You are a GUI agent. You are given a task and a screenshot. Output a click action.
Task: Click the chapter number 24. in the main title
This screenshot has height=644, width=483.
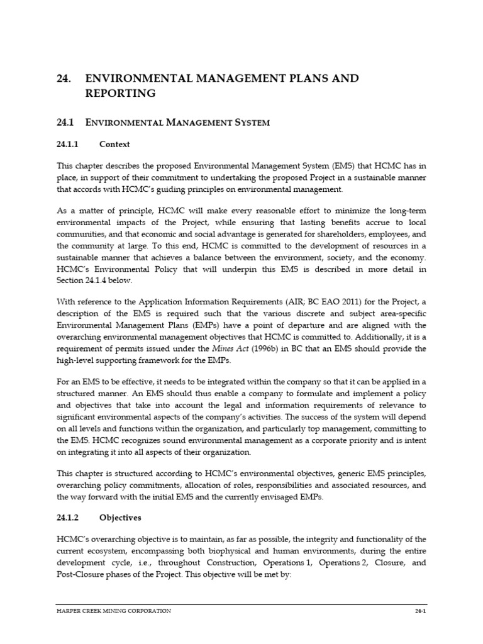[x=64, y=79]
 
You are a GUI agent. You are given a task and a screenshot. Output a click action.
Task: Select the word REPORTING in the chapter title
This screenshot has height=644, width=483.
[x=120, y=94]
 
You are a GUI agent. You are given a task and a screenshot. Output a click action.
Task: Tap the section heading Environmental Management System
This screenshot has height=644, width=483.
[x=177, y=123]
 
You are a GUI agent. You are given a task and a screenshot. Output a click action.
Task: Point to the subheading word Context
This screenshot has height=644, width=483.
[x=114, y=144]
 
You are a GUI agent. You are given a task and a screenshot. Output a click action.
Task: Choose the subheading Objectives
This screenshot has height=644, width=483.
[x=120, y=518]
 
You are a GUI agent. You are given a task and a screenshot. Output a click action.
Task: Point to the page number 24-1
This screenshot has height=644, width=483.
[x=419, y=611]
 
